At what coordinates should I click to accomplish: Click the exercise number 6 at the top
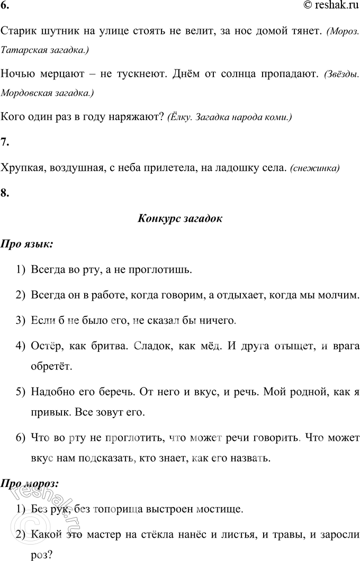click(5, 7)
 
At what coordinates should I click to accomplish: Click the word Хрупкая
click(21, 168)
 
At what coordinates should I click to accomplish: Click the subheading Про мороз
click(30, 484)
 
